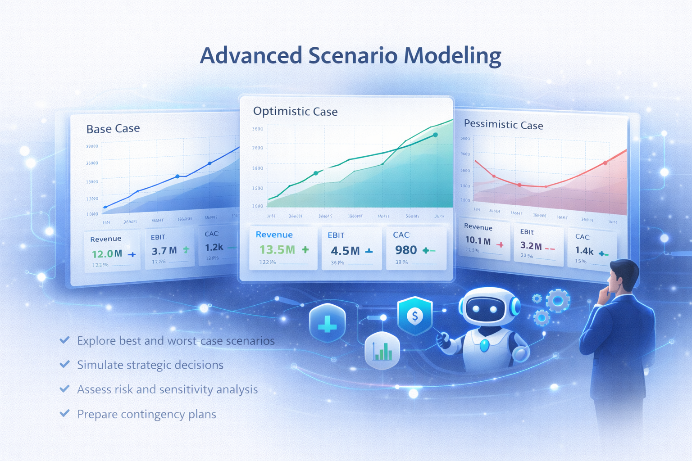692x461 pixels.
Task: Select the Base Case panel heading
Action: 113,129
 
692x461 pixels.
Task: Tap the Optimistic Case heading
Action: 295,112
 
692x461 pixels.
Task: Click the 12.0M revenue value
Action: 107,254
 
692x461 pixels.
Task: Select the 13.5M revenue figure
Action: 277,249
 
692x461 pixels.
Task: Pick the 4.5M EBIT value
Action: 345,251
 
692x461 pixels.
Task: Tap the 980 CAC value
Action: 406,250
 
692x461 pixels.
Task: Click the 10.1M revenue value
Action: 478,241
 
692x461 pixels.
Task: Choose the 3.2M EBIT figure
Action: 531,246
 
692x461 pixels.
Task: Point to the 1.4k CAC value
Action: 584,251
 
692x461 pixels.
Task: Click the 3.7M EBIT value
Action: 164,251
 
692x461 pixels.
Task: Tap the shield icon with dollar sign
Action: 415,316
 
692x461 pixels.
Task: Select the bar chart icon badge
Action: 382,351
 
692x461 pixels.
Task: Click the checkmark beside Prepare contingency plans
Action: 65,413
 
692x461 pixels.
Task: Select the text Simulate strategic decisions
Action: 150,365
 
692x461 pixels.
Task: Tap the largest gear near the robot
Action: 558,301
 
